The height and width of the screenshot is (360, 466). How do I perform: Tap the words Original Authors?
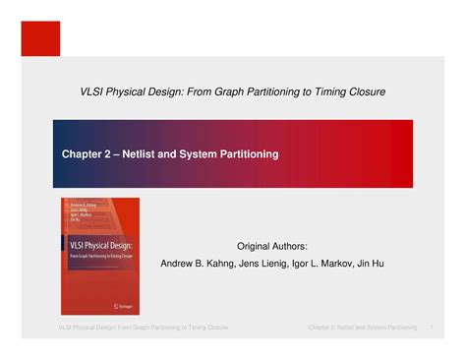[x=272, y=245]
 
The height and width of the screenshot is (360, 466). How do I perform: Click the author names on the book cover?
[x=81, y=214]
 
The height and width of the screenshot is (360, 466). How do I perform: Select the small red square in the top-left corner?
[x=41, y=38]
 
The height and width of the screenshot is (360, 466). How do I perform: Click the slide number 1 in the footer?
[x=432, y=326]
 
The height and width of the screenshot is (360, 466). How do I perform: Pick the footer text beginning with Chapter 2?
[x=363, y=326]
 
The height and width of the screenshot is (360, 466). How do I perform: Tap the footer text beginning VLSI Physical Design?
[x=143, y=326]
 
